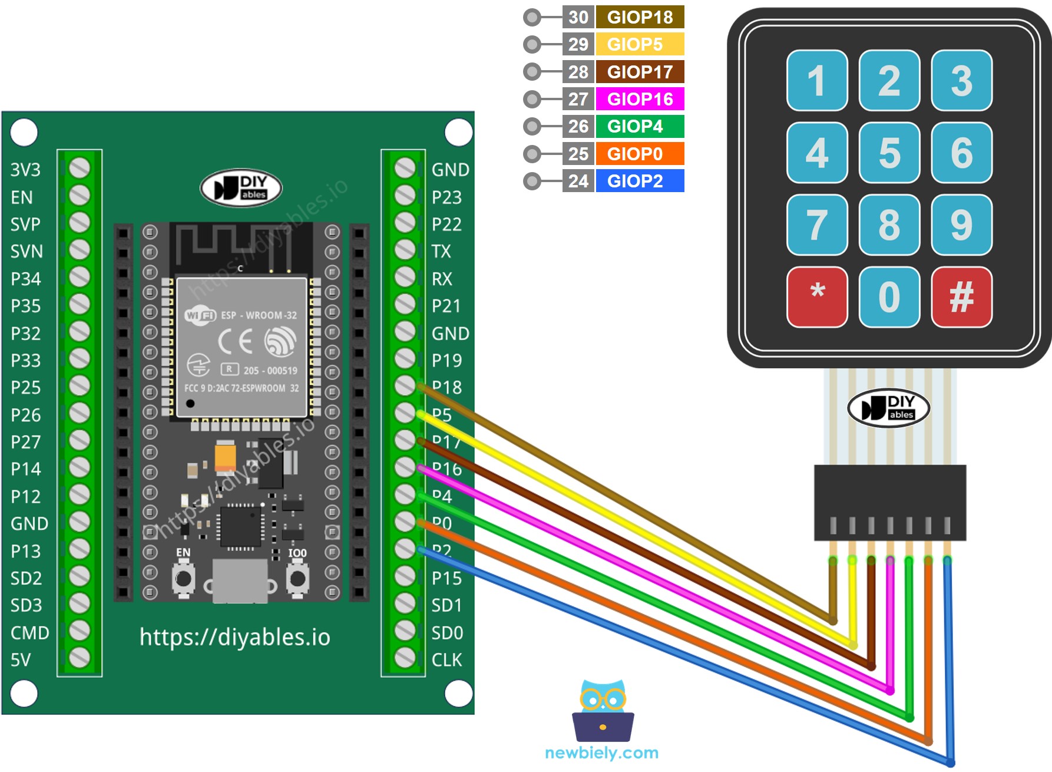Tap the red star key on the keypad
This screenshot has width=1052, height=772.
tap(817, 296)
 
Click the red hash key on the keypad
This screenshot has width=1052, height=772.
tap(961, 296)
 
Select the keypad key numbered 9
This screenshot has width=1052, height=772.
tap(961, 225)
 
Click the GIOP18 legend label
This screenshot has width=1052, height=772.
tap(640, 17)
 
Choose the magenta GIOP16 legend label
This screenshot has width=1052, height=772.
tap(640, 99)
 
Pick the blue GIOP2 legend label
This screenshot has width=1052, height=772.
tap(640, 181)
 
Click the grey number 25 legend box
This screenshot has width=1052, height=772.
tap(578, 154)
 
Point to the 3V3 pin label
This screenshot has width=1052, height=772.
tap(25, 170)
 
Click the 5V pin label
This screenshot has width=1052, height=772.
tap(21, 660)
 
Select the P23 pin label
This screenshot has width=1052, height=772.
tap(446, 197)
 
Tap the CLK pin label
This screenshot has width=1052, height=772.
tap(446, 660)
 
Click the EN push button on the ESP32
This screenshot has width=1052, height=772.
tap(184, 579)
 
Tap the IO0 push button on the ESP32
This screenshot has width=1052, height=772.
tap(297, 579)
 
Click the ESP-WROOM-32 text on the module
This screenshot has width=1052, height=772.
tap(259, 315)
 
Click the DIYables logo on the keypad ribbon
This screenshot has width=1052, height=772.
tap(888, 408)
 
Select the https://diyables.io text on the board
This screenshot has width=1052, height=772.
tap(234, 637)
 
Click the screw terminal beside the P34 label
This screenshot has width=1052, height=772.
tap(80, 277)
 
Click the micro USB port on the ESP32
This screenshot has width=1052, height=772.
tap(240, 581)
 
